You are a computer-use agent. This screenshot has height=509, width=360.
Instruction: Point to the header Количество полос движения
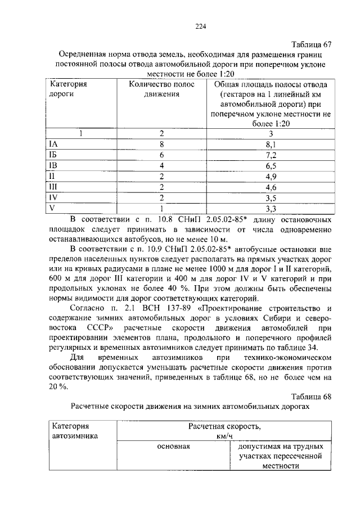(161, 89)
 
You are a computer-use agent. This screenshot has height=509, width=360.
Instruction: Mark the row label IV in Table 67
(54, 197)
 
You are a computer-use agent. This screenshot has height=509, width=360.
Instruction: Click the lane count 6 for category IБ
(161, 155)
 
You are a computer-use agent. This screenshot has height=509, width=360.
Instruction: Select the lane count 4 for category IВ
(161, 166)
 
